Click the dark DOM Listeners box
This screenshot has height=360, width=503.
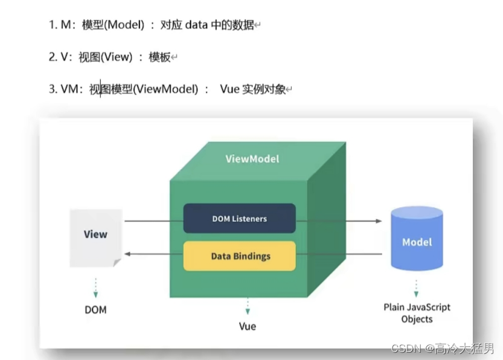tap(239, 219)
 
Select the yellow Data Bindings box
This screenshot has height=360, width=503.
tap(240, 256)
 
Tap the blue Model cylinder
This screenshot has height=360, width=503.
tap(417, 239)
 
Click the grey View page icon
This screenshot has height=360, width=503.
tap(95, 237)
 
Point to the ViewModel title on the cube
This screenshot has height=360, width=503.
tap(252, 159)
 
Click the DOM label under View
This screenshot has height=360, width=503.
tap(95, 310)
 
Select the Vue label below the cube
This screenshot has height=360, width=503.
tap(247, 326)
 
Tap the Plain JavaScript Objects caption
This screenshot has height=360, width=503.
tap(417, 313)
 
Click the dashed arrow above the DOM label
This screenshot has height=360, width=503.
tap(95, 288)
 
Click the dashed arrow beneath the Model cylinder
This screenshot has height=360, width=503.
tap(417, 285)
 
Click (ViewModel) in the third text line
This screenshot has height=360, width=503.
tap(165, 89)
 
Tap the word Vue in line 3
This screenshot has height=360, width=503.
tap(229, 89)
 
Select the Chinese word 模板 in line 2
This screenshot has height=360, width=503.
tap(159, 57)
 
